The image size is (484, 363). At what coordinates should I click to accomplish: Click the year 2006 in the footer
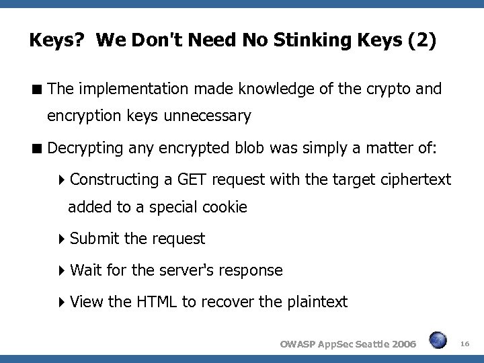tap(402, 344)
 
